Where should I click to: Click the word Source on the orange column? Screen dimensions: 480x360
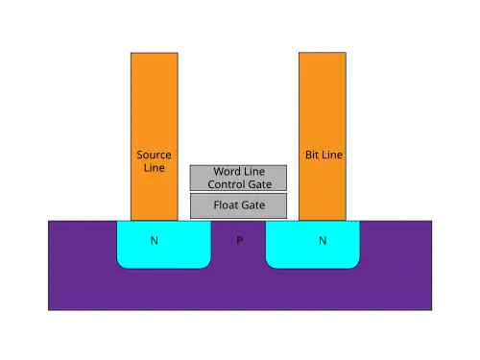pyautogui.click(x=154, y=155)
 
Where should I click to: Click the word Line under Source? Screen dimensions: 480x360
pyautogui.click(x=155, y=168)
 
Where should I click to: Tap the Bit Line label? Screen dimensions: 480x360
pyautogui.click(x=324, y=155)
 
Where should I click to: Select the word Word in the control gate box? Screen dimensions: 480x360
pyautogui.click(x=226, y=172)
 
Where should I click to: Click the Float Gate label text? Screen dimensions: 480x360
pyautogui.click(x=239, y=205)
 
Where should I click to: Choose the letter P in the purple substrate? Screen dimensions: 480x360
pyautogui.click(x=239, y=240)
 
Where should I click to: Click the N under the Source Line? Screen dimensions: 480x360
pyautogui.click(x=155, y=240)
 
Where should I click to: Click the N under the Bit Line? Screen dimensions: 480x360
pyautogui.click(x=323, y=240)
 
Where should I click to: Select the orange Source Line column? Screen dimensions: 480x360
pyautogui.click(x=155, y=136)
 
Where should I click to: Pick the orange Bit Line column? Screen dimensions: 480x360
pyautogui.click(x=323, y=136)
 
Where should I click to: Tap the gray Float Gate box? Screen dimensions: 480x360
pyautogui.click(x=238, y=205)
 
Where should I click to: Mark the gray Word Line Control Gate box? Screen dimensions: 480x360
pyautogui.click(x=238, y=178)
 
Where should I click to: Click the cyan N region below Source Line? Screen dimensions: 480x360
pyautogui.click(x=164, y=245)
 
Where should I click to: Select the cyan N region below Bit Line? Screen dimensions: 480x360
pyautogui.click(x=313, y=245)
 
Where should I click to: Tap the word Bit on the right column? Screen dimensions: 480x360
pyautogui.click(x=311, y=155)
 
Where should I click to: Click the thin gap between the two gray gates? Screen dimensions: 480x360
pyautogui.click(x=238, y=192)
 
